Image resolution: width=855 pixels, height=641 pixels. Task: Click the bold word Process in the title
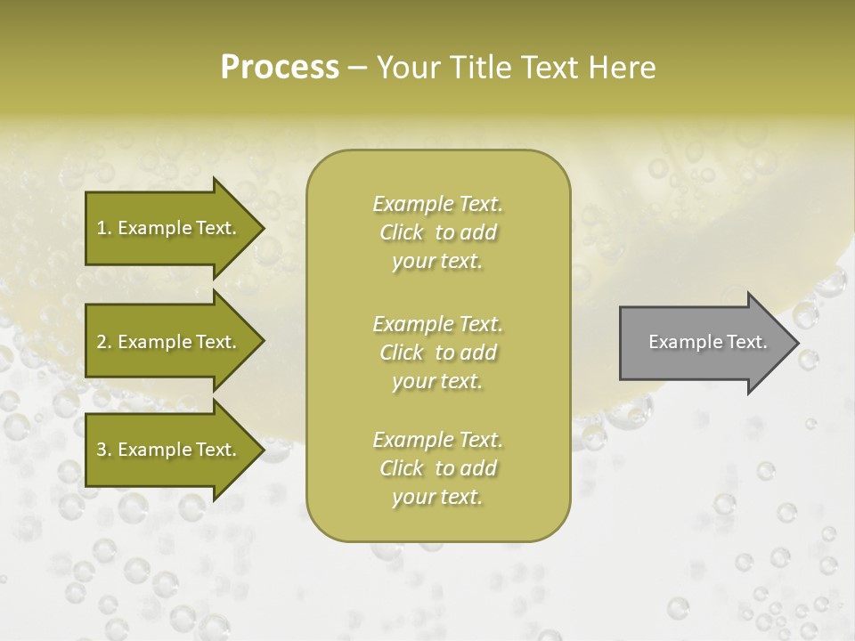tap(280, 68)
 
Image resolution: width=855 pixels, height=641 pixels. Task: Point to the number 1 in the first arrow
tap(102, 228)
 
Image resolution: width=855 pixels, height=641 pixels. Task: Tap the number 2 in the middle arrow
tap(102, 342)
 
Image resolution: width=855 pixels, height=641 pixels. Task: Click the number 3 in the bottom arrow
tap(102, 450)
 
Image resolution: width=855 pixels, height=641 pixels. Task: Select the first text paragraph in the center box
tap(437, 232)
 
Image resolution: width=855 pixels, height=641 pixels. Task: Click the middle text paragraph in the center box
tap(437, 353)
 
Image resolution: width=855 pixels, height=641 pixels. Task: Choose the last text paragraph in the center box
tap(437, 468)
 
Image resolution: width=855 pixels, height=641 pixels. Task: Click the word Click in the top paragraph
tap(401, 232)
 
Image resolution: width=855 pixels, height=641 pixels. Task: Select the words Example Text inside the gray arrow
tap(708, 342)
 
